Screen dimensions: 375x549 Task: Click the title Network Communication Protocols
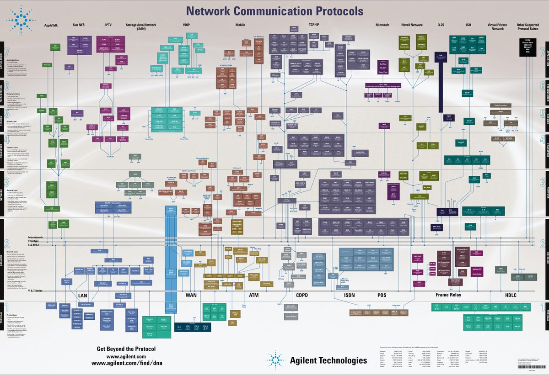(274, 11)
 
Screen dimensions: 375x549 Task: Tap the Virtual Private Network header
(498, 27)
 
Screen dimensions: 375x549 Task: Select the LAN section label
(82, 296)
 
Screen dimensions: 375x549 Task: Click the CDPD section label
(302, 296)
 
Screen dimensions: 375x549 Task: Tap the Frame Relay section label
(448, 295)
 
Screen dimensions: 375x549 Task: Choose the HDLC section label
(511, 295)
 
